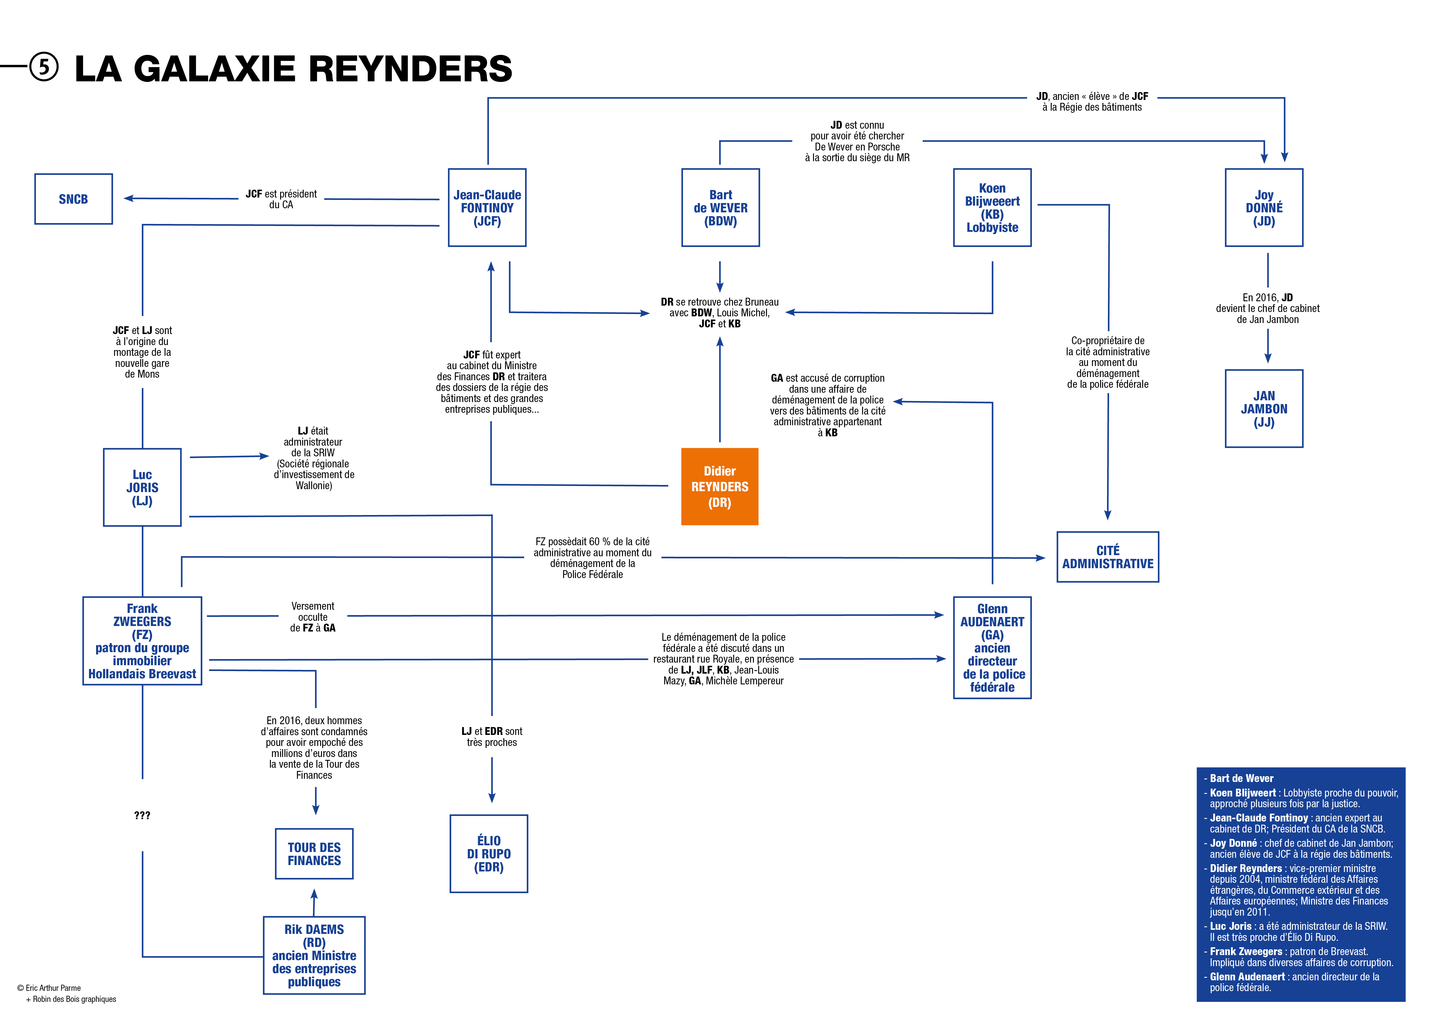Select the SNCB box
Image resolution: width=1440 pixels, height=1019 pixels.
click(x=73, y=199)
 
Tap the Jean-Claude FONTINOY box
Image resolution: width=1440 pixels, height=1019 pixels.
click(x=487, y=208)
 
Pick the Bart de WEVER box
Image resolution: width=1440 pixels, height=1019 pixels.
click(x=721, y=208)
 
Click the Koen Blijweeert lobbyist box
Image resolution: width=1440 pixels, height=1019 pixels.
click(x=992, y=208)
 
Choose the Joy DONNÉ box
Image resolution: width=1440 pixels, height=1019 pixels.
click(x=1264, y=208)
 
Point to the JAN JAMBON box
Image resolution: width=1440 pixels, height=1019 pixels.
click(x=1264, y=408)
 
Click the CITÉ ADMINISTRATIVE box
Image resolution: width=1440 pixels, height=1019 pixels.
click(x=1108, y=557)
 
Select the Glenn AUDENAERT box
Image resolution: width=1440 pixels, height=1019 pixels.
click(x=992, y=647)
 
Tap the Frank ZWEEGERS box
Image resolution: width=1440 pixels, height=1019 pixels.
click(x=142, y=641)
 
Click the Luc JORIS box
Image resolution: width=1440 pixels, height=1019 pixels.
click(x=142, y=487)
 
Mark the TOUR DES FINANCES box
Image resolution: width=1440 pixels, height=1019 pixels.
click(x=314, y=854)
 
